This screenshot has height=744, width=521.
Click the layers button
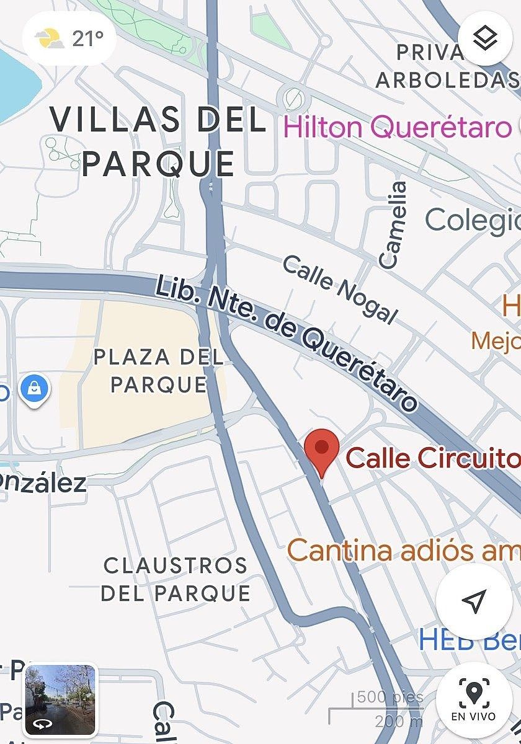click(484, 38)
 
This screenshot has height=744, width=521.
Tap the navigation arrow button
click(474, 600)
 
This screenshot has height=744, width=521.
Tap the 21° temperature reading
click(87, 38)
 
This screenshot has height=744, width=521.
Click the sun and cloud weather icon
click(50, 39)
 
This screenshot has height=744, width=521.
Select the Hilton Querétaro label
click(397, 128)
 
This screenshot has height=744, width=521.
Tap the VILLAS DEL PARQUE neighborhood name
click(158, 141)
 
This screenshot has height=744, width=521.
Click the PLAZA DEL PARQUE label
click(158, 370)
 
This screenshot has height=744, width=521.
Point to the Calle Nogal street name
click(339, 290)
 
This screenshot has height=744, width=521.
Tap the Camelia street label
click(393, 224)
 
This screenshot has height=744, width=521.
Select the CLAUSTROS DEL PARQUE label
click(176, 579)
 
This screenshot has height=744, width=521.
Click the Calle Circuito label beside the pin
click(432, 458)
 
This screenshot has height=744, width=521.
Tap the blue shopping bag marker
click(35, 389)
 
